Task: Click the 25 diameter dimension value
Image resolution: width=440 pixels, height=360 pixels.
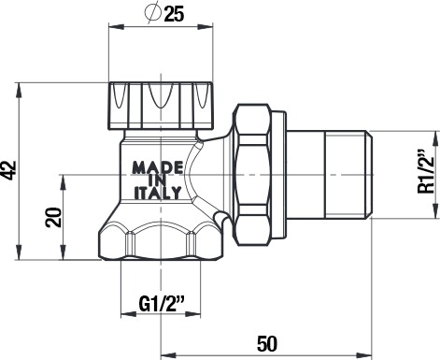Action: [174, 14]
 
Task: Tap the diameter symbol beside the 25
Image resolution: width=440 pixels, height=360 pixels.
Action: [152, 13]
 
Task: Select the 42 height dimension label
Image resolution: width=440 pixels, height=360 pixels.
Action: [9, 170]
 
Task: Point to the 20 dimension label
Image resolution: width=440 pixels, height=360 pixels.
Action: [53, 217]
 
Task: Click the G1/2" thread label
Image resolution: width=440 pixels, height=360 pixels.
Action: [161, 305]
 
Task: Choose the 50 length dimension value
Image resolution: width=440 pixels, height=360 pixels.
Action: [267, 344]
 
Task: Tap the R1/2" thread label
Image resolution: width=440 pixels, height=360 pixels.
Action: [426, 172]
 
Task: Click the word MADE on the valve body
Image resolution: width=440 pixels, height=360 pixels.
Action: [158, 168]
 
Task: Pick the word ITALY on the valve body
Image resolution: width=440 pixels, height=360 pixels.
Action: [157, 193]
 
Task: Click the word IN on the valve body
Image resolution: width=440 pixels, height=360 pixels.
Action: [158, 180]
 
